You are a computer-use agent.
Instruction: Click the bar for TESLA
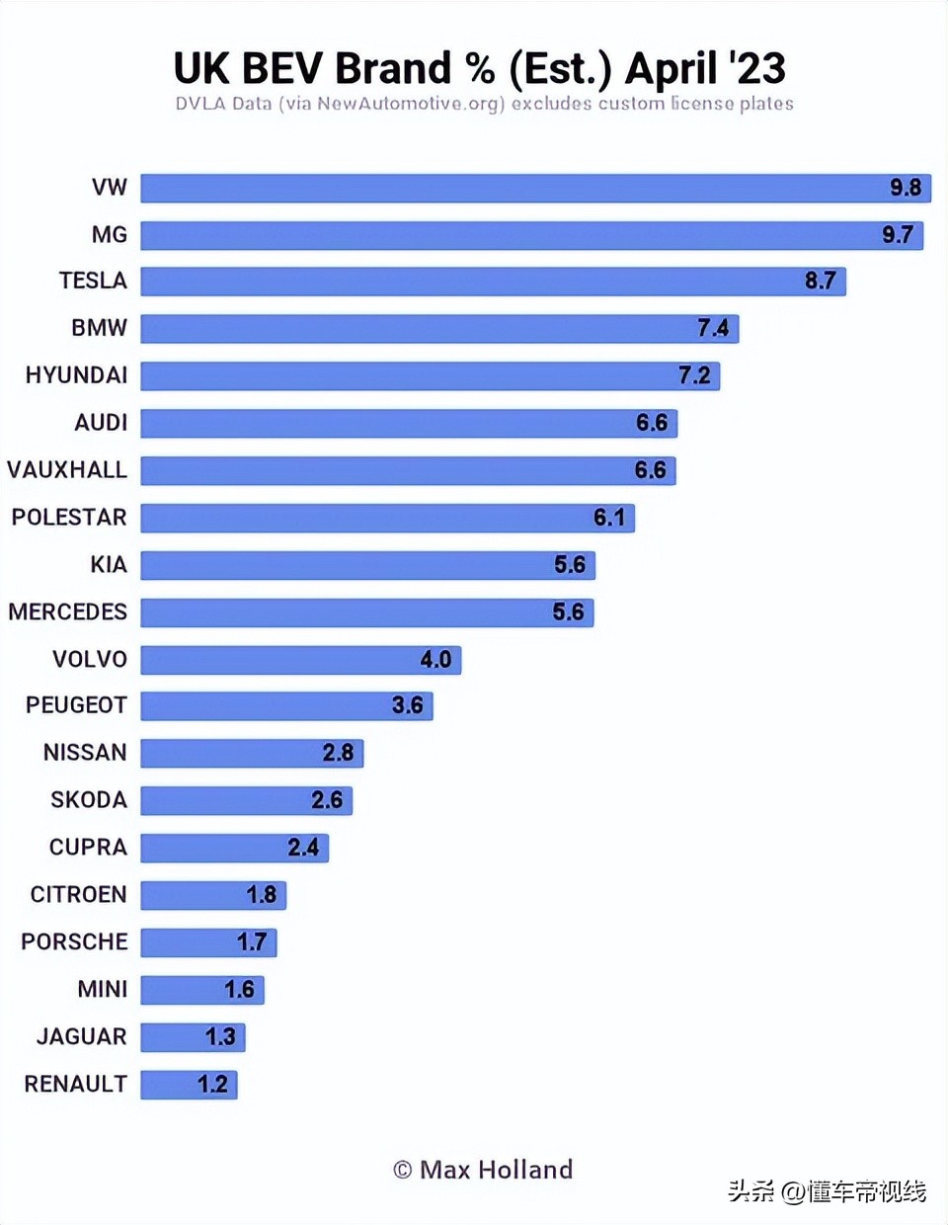click(x=492, y=282)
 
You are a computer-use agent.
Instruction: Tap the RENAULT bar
click(x=189, y=1085)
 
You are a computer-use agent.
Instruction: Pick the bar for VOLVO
click(x=300, y=660)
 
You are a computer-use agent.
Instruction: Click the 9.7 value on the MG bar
click(x=897, y=235)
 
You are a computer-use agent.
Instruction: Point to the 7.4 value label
click(x=713, y=328)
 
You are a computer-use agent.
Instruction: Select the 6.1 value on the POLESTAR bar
click(x=609, y=518)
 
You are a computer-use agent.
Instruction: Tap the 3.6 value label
click(x=407, y=705)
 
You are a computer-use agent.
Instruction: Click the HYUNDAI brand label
click(x=76, y=375)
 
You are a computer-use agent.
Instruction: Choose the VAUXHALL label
click(x=67, y=470)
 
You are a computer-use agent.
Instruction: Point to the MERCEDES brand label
click(x=67, y=612)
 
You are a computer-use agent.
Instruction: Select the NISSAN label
click(x=85, y=753)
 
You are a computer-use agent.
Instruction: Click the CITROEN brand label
click(x=78, y=895)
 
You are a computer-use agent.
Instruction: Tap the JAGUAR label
click(x=81, y=1037)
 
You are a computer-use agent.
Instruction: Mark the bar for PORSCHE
click(x=207, y=942)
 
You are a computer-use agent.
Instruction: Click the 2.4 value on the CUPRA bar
click(x=303, y=848)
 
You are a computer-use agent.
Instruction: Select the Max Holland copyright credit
click(x=483, y=1170)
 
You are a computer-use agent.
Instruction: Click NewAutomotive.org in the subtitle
click(x=410, y=104)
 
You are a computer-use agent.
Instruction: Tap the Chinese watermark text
click(x=828, y=1191)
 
